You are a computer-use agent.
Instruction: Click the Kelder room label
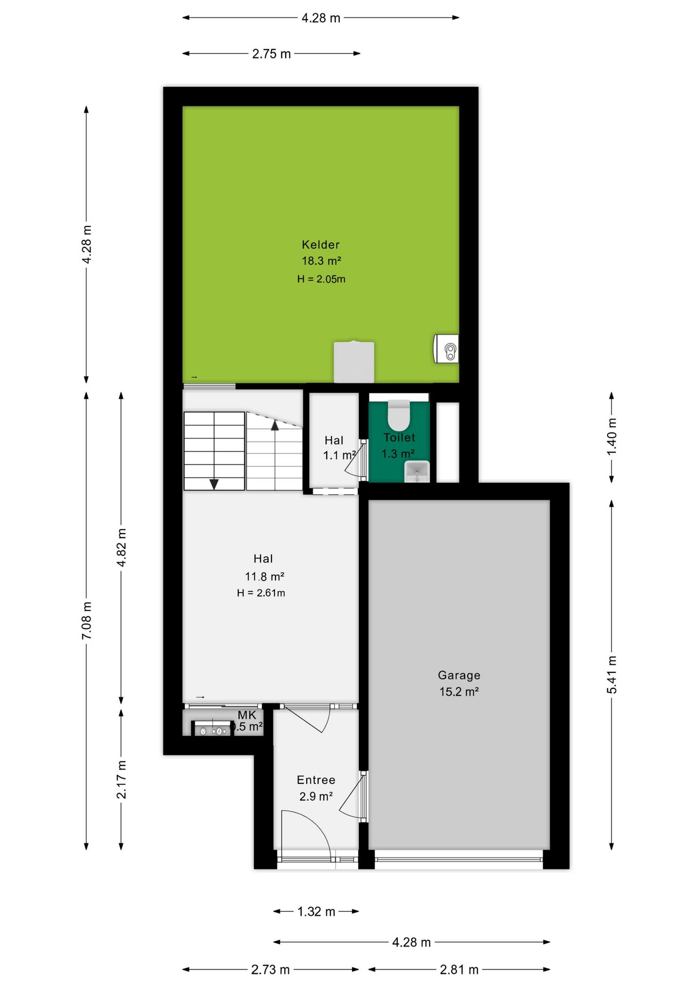pyautogui.click(x=321, y=245)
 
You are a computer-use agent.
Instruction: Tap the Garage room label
pyautogui.click(x=459, y=675)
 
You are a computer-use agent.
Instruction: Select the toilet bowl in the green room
pyautogui.click(x=398, y=414)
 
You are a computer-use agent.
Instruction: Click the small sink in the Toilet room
pyautogui.click(x=417, y=471)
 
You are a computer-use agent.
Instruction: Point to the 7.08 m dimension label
pyautogui.click(x=87, y=620)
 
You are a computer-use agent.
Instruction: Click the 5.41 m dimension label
pyautogui.click(x=612, y=674)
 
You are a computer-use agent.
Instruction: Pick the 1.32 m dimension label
pyautogui.click(x=316, y=911)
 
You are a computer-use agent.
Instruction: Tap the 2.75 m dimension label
pyautogui.click(x=271, y=53)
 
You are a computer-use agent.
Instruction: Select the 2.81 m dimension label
pyautogui.click(x=459, y=970)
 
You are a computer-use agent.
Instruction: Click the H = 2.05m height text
pyautogui.click(x=321, y=279)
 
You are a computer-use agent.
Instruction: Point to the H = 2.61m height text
pyautogui.click(x=261, y=593)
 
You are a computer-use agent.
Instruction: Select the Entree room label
pyautogui.click(x=316, y=780)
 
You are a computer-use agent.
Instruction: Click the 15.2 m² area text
pyautogui.click(x=459, y=692)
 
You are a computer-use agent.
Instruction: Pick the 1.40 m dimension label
pyautogui.click(x=612, y=436)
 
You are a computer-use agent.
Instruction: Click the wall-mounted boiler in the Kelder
pyautogui.click(x=447, y=349)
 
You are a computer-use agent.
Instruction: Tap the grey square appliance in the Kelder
pyautogui.click(x=354, y=362)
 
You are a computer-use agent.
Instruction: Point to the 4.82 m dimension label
pyautogui.click(x=122, y=547)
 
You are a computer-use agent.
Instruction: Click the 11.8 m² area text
pyautogui.click(x=265, y=577)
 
